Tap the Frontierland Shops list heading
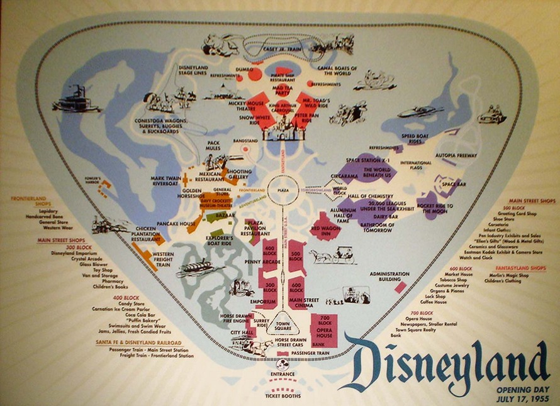coord(31,202)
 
